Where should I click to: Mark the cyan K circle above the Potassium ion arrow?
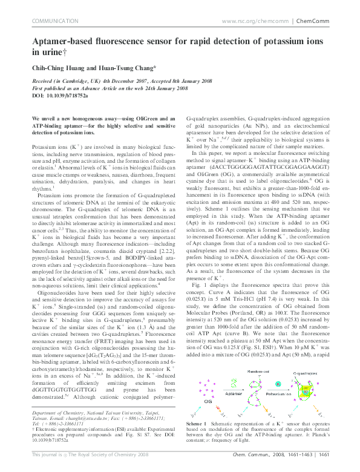tap(277, 384)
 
